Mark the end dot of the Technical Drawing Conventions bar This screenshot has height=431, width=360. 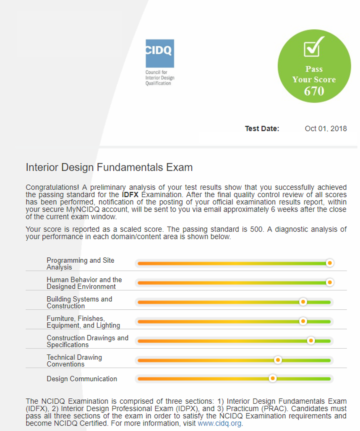click(278, 360)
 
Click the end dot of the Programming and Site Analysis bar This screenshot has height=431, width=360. click(329, 263)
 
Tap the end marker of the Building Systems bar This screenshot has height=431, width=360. click(303, 301)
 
